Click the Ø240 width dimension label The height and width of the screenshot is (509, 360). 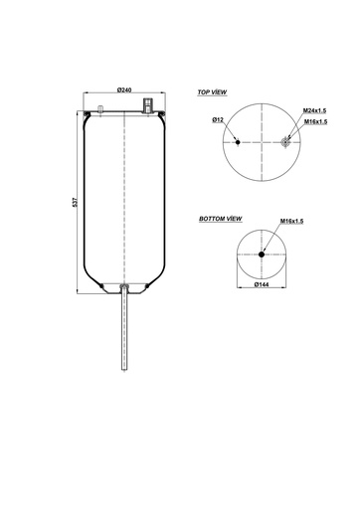(124, 89)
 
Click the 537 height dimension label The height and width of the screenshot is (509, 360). (75, 202)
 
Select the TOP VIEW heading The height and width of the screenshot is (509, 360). (212, 92)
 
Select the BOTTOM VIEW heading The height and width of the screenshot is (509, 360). (221, 219)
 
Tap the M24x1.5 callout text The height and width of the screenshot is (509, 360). (314, 110)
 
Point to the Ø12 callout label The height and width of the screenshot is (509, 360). (218, 120)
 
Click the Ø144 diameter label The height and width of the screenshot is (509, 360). (262, 284)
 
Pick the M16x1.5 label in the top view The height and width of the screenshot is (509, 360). (316, 121)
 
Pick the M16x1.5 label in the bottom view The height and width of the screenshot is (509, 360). (291, 221)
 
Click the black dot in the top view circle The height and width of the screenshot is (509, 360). (238, 142)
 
